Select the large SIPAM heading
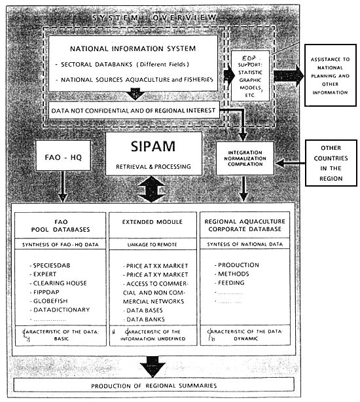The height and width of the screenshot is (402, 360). tap(154, 146)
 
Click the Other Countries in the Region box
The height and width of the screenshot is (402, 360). tap(331, 161)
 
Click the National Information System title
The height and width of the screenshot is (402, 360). tap(132, 48)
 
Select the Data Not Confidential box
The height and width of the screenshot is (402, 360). tap(134, 111)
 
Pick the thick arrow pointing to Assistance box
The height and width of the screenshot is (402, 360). tap(288, 75)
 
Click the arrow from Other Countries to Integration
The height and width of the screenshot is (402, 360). tap(291, 161)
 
